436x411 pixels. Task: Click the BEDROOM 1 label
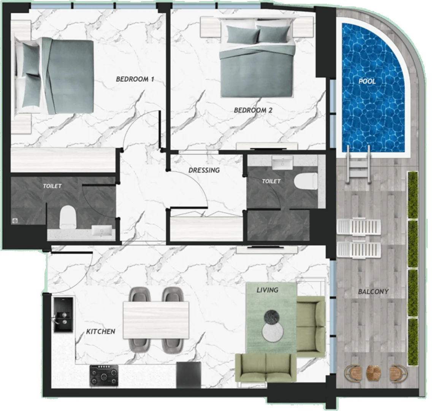coord(135,79)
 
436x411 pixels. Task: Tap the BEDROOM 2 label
coord(253,110)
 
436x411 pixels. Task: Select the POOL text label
coord(367,81)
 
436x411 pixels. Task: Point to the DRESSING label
coord(204,170)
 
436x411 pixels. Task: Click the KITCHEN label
coord(101,331)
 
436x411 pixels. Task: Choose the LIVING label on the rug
coord(268,290)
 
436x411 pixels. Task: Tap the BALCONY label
coord(373,292)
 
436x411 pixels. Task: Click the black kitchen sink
coord(63,315)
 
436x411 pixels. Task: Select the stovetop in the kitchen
coord(104,376)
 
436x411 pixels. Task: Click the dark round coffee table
coord(272,317)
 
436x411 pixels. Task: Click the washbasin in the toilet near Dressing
coord(282,162)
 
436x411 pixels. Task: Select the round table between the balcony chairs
coord(373,373)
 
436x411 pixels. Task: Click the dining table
coord(156,320)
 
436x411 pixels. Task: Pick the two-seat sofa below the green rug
coord(266,368)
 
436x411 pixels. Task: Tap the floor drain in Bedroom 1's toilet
coord(15,221)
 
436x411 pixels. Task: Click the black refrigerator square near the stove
coord(189,375)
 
